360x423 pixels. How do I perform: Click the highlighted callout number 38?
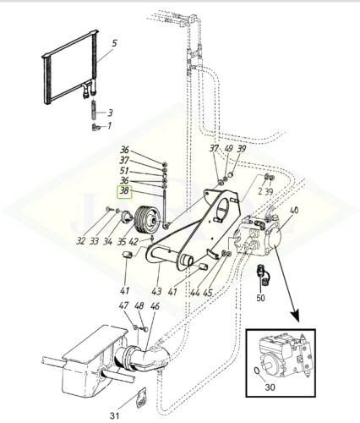click(124, 191)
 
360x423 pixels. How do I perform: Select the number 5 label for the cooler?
click(115, 42)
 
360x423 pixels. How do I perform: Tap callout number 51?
click(124, 170)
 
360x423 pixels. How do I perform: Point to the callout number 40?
click(293, 211)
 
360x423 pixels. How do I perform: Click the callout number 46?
click(155, 306)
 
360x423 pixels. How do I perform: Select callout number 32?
click(104, 240)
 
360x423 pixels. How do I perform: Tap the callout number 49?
click(228, 149)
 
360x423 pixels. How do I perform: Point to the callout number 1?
click(109, 125)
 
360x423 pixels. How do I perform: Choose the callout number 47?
click(123, 306)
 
